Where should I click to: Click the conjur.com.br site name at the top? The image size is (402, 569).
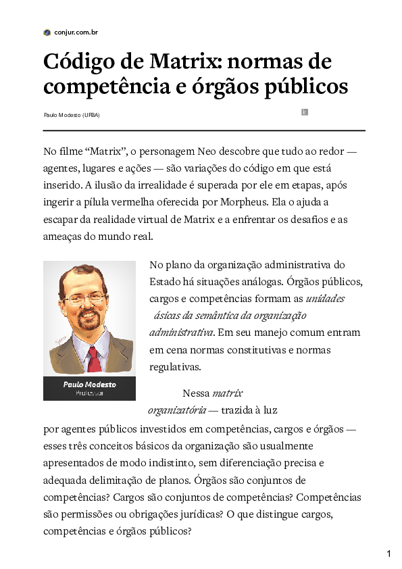76,32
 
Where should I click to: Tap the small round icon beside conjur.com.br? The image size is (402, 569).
47,32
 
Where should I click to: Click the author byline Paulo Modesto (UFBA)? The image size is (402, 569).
72,115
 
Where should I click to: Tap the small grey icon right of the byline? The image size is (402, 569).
305,112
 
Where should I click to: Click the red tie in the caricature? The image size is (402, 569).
94,360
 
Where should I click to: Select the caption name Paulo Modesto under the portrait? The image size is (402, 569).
89,384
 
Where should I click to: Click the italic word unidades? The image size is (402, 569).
326,298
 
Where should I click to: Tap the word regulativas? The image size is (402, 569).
175,368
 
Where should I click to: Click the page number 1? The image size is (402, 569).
389,554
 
